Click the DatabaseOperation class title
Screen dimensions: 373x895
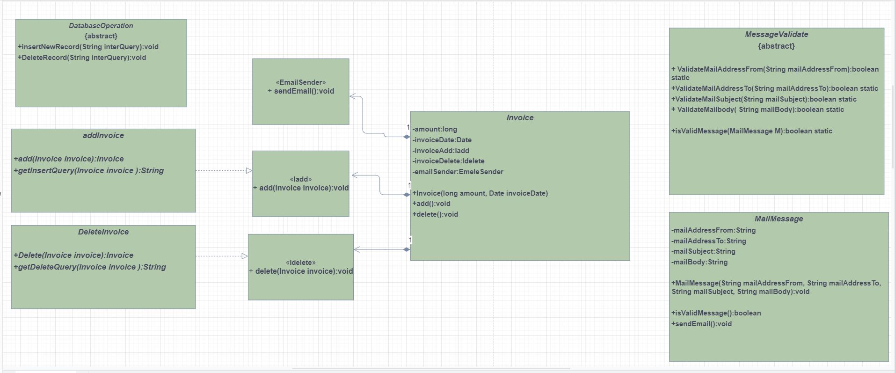coord(101,26)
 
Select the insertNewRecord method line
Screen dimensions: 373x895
coord(88,47)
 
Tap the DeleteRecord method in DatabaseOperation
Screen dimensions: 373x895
coord(82,58)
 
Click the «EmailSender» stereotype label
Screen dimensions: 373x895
coord(301,82)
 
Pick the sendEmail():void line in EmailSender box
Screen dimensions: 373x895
coord(301,91)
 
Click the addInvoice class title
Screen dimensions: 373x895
coord(103,136)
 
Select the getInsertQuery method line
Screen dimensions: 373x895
coord(89,171)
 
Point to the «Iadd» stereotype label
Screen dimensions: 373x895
coord(301,179)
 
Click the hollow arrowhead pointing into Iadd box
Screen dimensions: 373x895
coord(249,171)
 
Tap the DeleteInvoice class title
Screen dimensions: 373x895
coord(103,232)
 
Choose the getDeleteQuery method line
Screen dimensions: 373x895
coord(90,267)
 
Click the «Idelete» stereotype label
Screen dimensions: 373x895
coord(301,263)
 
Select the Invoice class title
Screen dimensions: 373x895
coord(520,118)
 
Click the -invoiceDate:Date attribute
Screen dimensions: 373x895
coord(442,140)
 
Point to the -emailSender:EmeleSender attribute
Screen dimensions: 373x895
coord(458,172)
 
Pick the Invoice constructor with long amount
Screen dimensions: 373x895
coord(480,193)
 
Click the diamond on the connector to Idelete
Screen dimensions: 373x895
coord(407,249)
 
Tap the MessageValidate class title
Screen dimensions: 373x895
coord(777,35)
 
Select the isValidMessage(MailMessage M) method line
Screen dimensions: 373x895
coord(752,131)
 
